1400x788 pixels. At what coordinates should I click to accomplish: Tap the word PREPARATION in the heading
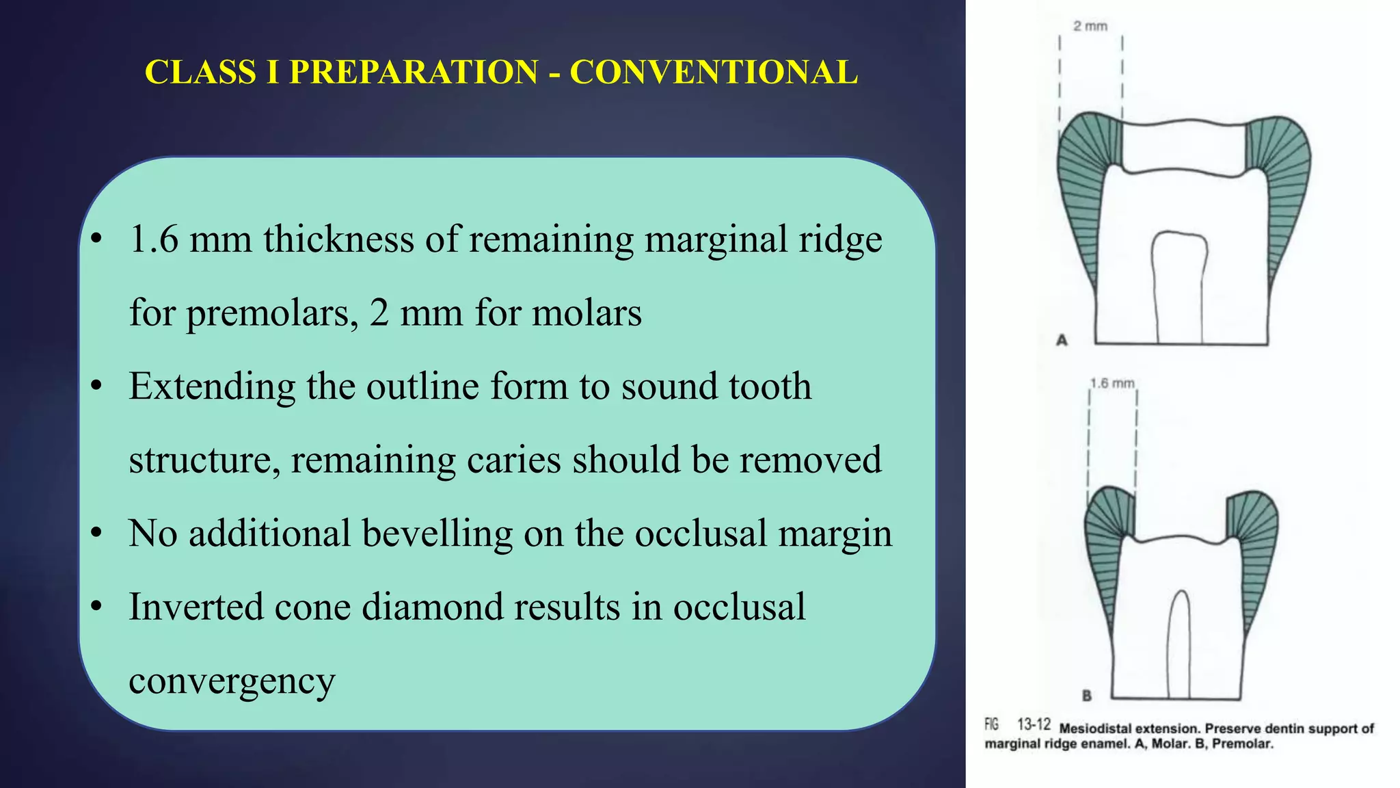414,73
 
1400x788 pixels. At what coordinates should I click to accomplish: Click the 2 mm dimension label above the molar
1090,26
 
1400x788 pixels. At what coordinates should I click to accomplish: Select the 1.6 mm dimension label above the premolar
1112,383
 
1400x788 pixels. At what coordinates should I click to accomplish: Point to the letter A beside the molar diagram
1062,340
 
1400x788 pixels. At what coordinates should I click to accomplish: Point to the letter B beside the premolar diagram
1087,696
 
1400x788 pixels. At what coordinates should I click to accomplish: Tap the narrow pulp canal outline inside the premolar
1179,643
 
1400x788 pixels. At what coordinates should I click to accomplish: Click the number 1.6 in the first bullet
154,239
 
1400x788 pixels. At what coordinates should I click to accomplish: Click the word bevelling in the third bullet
437,534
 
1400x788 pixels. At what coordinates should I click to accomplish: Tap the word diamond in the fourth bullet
432,607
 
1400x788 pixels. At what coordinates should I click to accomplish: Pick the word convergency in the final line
232,681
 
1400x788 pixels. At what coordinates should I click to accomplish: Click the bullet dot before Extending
96,386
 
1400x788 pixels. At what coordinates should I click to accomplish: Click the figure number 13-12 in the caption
1034,724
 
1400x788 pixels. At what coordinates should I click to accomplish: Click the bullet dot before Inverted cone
96,607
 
